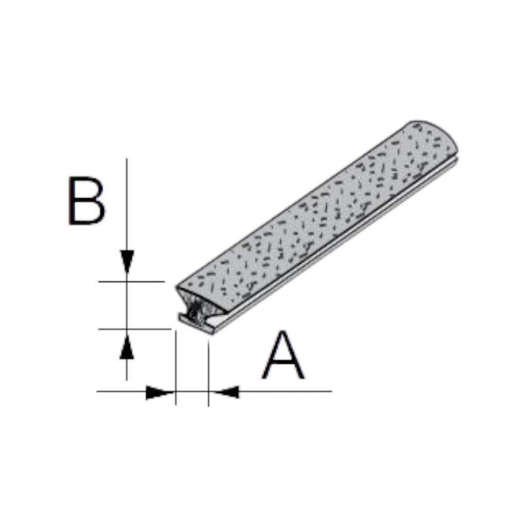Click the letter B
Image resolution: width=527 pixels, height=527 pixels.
86,200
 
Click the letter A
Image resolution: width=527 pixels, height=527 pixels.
284,355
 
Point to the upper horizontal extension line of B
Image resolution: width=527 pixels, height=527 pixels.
131,282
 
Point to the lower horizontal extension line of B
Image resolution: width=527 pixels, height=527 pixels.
135,329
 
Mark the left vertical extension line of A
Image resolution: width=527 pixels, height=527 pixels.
176,367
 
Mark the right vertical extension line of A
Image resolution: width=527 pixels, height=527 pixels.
208,373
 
